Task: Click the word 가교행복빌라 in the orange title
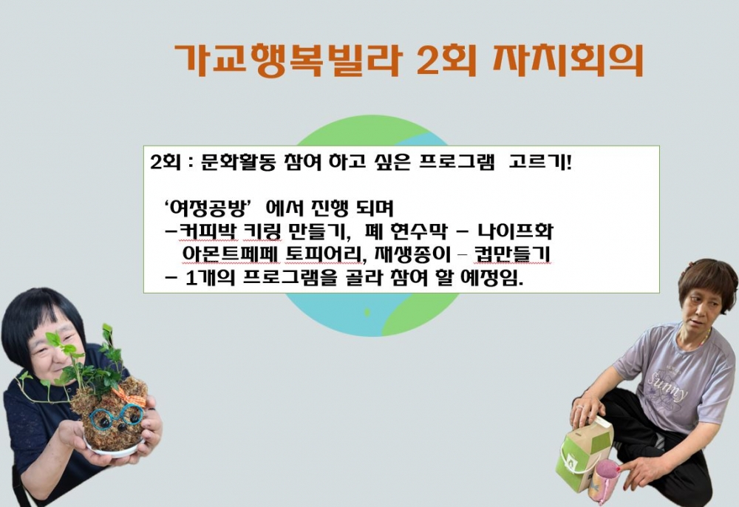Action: (x=288, y=61)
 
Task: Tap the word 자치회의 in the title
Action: (x=568, y=61)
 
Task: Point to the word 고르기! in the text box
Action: (x=540, y=163)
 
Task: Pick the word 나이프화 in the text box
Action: (x=515, y=231)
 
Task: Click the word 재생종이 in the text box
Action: (x=413, y=254)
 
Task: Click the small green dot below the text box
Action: (x=367, y=313)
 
